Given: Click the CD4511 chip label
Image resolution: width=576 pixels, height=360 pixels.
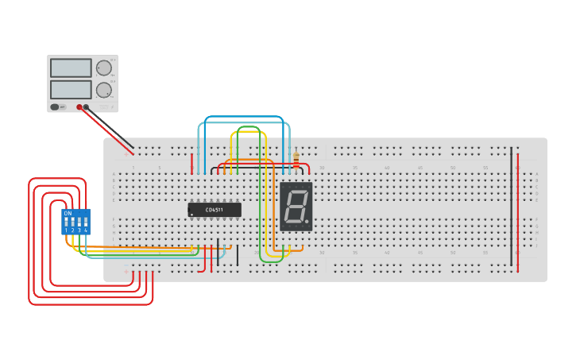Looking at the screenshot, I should pos(214,210).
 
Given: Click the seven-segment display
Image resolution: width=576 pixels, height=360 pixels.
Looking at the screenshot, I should pos(296,207).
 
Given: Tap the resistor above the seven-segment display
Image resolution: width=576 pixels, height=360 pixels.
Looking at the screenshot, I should pos(296,161).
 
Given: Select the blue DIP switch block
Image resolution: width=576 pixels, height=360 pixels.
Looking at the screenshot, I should pos(76,222).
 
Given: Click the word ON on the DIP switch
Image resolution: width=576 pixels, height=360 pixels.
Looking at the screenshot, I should pos(68,213).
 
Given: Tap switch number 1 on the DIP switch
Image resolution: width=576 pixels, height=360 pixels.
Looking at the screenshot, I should pos(67,223).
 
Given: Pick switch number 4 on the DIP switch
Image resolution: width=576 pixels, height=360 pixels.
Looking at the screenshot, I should pos(86,223).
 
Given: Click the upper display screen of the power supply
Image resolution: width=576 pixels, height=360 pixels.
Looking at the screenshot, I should pos(71,68).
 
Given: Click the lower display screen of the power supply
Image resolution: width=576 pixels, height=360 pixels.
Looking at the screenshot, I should pos(71,89).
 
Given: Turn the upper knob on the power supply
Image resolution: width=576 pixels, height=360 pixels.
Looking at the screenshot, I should pos(104,68).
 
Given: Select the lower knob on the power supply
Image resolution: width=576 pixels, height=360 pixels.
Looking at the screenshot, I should pos(104,90).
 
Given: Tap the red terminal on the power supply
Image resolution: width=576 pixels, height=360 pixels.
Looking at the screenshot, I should pos(79,106).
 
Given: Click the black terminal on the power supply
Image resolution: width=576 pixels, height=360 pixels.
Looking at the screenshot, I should pos(86,106).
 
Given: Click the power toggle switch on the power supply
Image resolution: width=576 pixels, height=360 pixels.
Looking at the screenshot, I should pos(55,106).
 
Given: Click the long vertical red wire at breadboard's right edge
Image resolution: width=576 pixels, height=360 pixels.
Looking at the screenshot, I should pos(518,215).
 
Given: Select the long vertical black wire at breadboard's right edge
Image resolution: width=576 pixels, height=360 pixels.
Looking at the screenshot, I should pos(511,207).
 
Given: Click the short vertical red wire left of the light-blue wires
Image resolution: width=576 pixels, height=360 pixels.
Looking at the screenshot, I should pos(191,163).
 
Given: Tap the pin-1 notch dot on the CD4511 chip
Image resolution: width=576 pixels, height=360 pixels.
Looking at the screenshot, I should pos(191,214).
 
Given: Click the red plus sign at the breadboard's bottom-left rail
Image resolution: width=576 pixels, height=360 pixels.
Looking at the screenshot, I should pos(125,272).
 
